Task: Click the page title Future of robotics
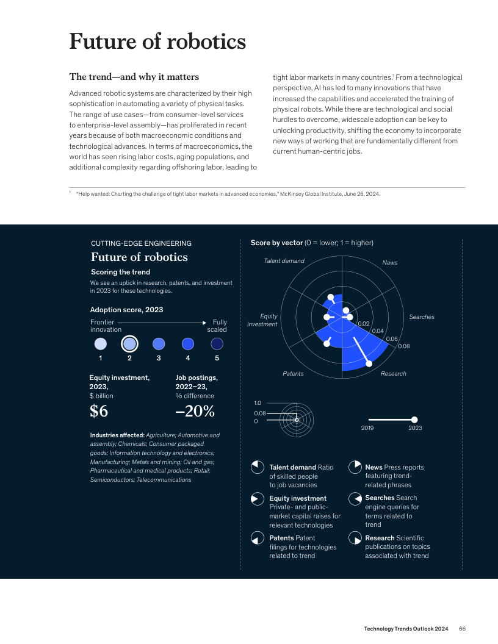pyautogui.click(x=157, y=42)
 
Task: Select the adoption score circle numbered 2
pyautogui.click(x=129, y=343)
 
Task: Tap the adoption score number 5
pyautogui.click(x=217, y=359)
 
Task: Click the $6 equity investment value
pyautogui.click(x=99, y=412)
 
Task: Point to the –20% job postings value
pyautogui.click(x=195, y=412)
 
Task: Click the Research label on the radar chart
pyautogui.click(x=393, y=373)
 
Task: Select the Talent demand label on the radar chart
pyautogui.click(x=284, y=260)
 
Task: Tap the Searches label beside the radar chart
pyautogui.click(x=422, y=317)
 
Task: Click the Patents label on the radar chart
pyautogui.click(x=293, y=373)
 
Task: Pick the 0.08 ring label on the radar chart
pyautogui.click(x=404, y=346)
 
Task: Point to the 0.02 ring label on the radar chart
pyautogui.click(x=364, y=324)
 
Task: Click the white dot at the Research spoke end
pyautogui.click(x=369, y=363)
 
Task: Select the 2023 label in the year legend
pyautogui.click(x=415, y=428)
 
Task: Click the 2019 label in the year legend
pyautogui.click(x=367, y=428)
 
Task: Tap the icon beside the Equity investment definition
pyautogui.click(x=258, y=499)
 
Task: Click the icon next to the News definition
pyautogui.click(x=354, y=468)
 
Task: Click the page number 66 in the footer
pyautogui.click(x=463, y=629)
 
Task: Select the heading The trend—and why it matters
pyautogui.click(x=134, y=77)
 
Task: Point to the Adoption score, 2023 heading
pyautogui.click(x=126, y=310)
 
